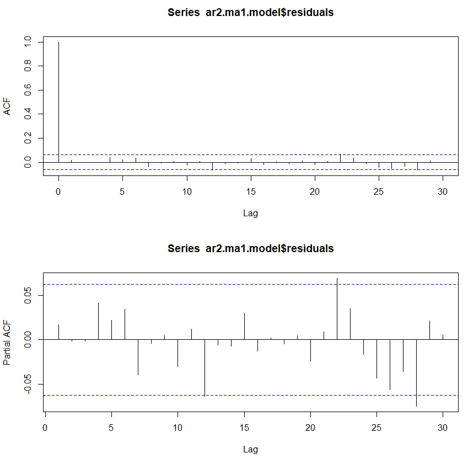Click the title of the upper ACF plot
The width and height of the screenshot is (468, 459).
(x=250, y=12)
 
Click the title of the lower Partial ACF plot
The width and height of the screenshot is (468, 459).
(x=250, y=248)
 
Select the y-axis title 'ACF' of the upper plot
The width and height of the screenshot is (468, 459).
(x=7, y=106)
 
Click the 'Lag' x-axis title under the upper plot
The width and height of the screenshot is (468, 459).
(x=250, y=213)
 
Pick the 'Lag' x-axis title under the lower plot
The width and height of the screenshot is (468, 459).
(x=250, y=449)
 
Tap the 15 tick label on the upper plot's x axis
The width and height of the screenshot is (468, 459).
(x=251, y=191)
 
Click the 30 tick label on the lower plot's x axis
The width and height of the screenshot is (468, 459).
(x=443, y=427)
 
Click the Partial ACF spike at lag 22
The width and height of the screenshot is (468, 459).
(x=337, y=309)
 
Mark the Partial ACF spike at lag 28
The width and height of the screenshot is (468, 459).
(x=416, y=373)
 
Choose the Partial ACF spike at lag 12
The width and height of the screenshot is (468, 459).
(x=205, y=367)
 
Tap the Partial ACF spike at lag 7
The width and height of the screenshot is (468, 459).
(x=138, y=357)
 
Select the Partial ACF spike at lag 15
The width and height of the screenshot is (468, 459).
(x=244, y=326)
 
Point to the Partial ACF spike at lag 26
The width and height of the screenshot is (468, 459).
(x=390, y=365)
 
